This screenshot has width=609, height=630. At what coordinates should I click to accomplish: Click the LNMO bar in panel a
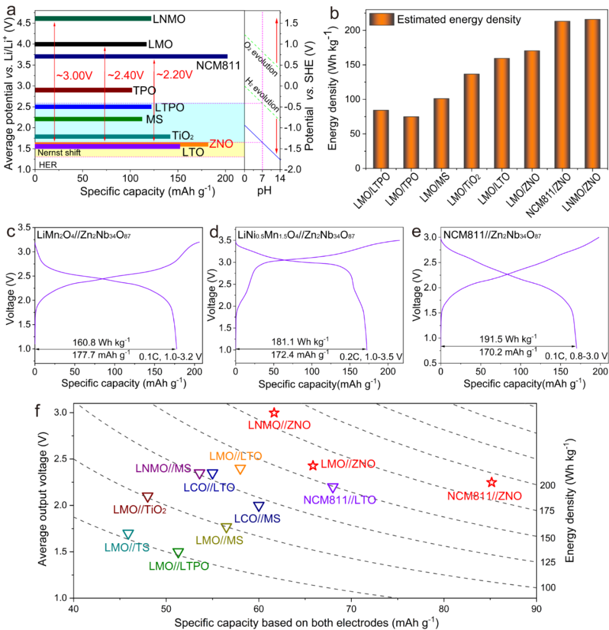[x=93, y=19]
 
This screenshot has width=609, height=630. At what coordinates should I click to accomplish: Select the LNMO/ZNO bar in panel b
[x=592, y=94]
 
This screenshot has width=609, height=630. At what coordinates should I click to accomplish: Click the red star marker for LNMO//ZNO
[x=274, y=413]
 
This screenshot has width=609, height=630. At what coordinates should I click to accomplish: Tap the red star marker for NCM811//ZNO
[x=492, y=482]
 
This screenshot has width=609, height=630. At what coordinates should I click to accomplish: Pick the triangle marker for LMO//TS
[x=129, y=534]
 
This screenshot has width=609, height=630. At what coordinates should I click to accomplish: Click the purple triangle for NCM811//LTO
[x=333, y=488]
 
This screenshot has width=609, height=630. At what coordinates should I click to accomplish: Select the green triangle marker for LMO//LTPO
[x=178, y=553]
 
